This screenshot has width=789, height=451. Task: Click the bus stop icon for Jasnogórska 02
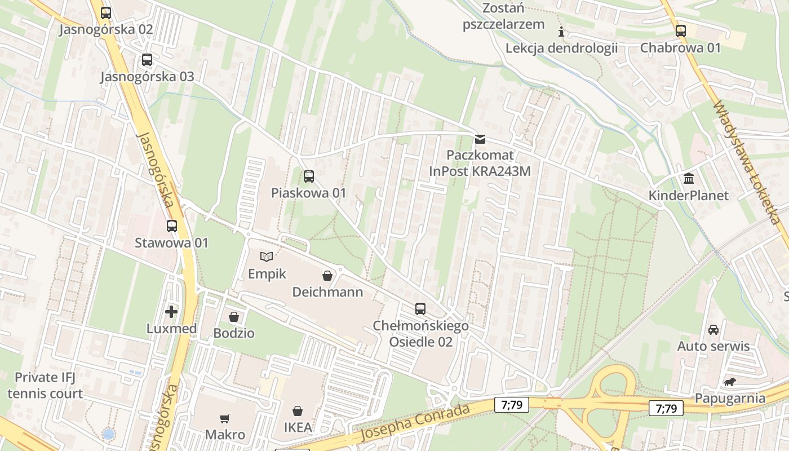coord(106,13)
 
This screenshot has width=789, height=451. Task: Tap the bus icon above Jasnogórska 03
coord(147,60)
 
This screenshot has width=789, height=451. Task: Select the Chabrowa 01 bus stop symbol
coord(681,31)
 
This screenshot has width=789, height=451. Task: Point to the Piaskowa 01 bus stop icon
coord(309,176)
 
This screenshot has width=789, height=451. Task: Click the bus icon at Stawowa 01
coord(172,226)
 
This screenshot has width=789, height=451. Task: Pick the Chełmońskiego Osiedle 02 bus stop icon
coord(420,309)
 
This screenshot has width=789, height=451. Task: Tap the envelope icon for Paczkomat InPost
coord(480,139)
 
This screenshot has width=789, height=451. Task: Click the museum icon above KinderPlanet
coord(689,179)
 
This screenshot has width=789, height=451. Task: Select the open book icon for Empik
coord(267,257)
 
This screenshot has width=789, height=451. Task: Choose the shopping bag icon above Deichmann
coord(327,275)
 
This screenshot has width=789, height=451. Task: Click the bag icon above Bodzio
coord(234,317)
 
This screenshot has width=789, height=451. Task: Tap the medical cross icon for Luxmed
coord(171,312)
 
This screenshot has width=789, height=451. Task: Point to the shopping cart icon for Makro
coord(225,418)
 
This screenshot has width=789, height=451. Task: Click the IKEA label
coord(298,427)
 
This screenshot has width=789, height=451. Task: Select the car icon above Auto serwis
coord(713,329)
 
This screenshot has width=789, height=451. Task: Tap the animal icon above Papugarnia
coord(730,382)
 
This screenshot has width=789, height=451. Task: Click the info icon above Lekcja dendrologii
coord(561,32)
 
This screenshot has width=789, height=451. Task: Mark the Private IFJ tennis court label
coord(45,385)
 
